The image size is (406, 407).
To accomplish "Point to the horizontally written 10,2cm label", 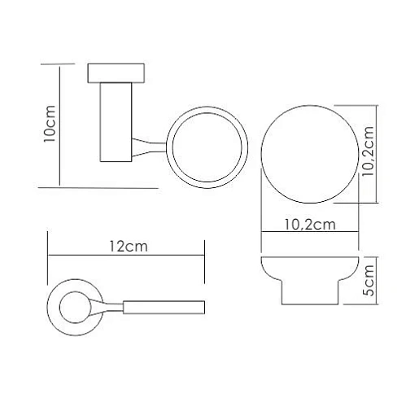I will click(x=308, y=225).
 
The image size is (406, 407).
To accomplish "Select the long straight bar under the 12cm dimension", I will click(x=163, y=307).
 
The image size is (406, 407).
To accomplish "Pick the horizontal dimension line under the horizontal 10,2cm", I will click(x=310, y=236).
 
